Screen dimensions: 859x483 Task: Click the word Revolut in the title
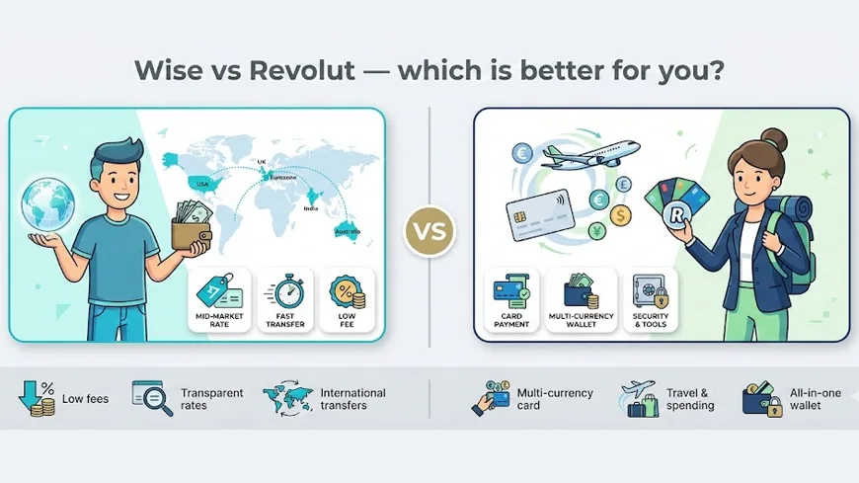tap(301, 70)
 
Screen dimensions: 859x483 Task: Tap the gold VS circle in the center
tap(429, 231)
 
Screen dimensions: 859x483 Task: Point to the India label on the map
tap(311, 208)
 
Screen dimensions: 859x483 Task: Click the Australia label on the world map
tap(348, 232)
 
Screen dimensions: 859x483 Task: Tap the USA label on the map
tap(202, 184)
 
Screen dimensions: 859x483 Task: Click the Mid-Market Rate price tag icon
tap(219, 291)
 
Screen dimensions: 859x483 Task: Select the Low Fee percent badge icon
tap(347, 292)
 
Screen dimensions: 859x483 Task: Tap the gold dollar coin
tap(620, 215)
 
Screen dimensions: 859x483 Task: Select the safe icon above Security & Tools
tap(651, 291)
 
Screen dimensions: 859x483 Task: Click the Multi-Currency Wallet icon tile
tap(582, 300)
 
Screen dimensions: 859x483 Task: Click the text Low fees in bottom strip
tap(86, 399)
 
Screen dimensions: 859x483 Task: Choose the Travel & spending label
tap(690, 399)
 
